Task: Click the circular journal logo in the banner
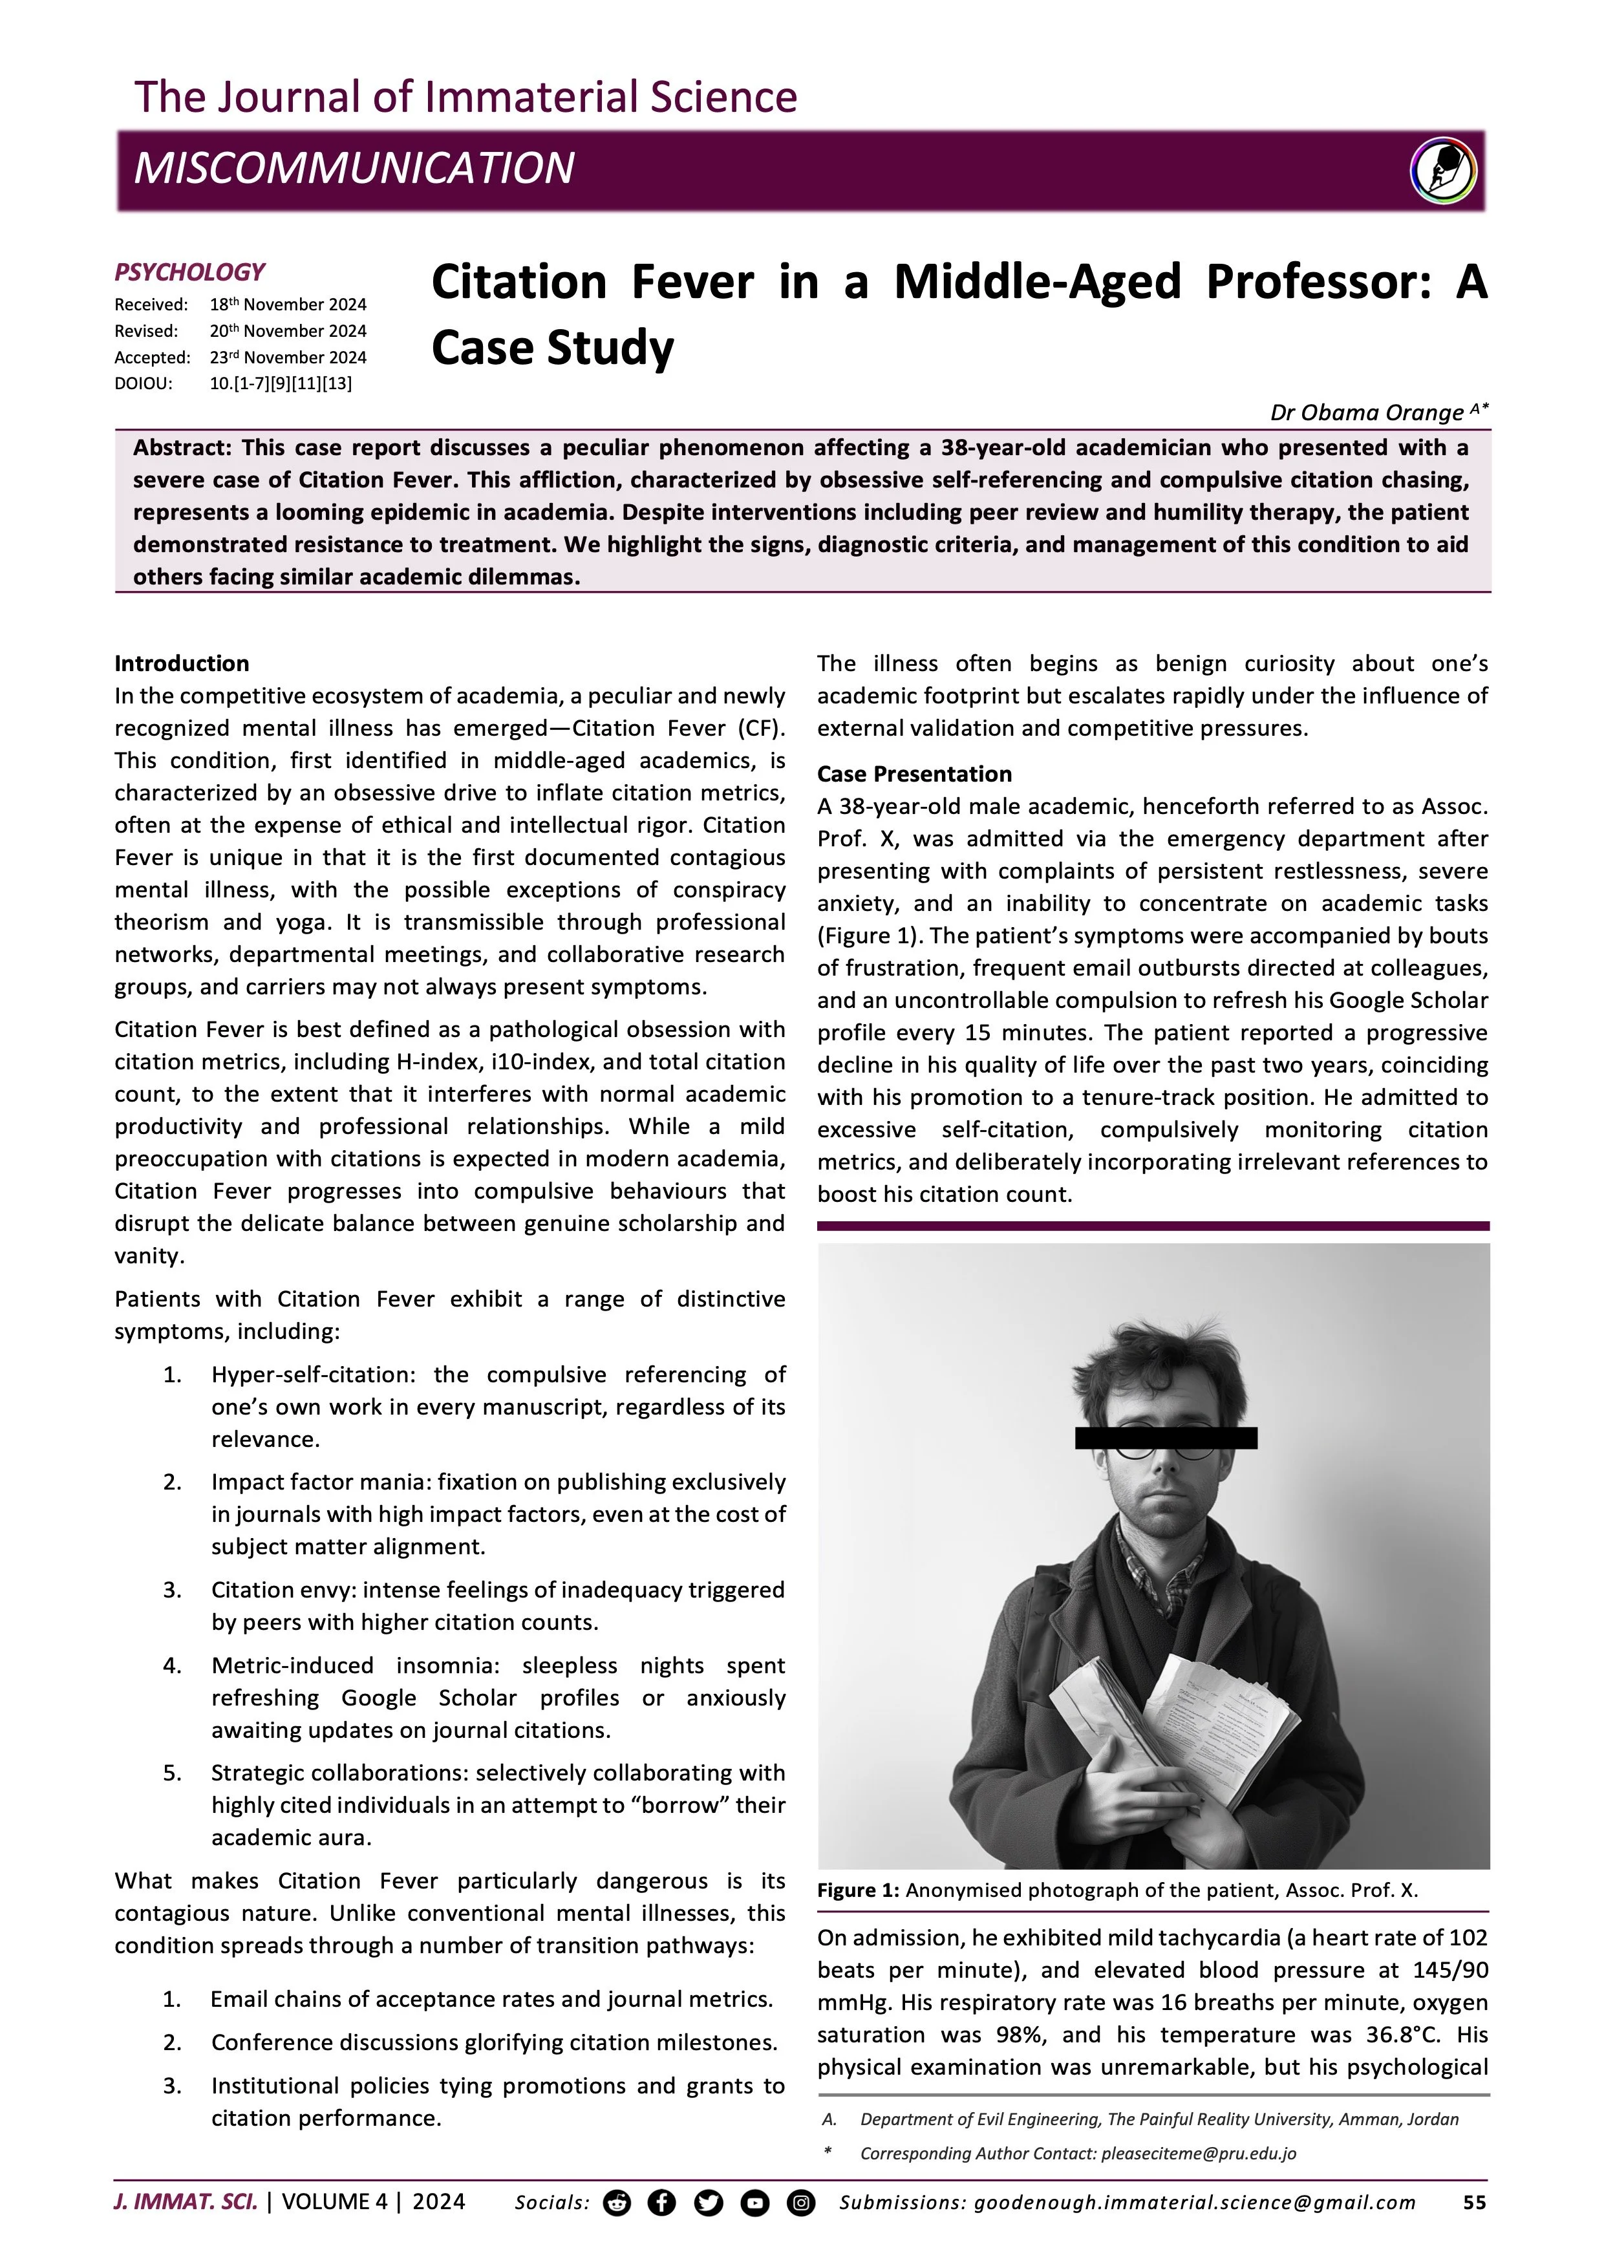1443,171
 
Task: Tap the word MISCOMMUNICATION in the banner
354,169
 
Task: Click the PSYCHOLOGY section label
189,273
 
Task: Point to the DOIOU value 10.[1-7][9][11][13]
281,383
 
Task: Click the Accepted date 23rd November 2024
288,358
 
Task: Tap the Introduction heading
182,664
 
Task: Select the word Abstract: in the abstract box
182,447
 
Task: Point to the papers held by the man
1185,1719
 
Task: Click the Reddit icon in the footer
616,2203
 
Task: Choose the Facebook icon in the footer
662,2203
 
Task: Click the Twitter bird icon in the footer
708,2203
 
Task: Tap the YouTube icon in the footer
754,2203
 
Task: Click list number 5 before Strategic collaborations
172,1773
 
